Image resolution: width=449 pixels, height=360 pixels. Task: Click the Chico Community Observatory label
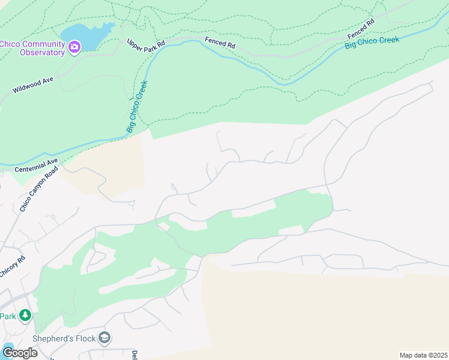(32, 47)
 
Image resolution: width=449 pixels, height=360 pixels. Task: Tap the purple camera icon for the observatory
(74, 46)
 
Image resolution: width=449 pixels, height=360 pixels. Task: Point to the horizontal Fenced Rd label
(220, 43)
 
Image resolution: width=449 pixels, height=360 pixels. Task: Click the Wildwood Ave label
(33, 88)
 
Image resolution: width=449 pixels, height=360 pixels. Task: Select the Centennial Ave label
(35, 165)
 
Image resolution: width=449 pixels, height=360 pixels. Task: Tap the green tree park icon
(25, 315)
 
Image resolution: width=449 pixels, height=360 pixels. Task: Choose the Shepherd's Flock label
(64, 338)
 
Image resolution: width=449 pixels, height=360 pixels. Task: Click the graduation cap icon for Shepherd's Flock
(104, 338)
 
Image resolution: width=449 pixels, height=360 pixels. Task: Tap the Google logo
(19, 352)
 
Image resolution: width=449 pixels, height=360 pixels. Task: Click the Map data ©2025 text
(423, 355)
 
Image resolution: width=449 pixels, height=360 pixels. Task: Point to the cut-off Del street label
(134, 355)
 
